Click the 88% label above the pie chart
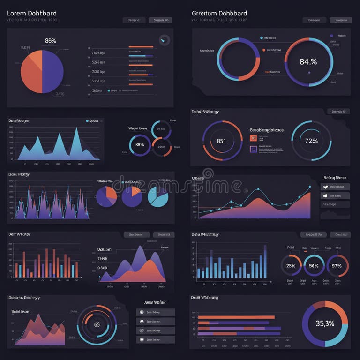tap(50, 41)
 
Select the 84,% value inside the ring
tap(308, 61)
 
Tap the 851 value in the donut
tap(221, 141)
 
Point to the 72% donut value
tap(311, 141)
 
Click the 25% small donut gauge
tap(291, 266)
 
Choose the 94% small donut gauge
tap(314, 266)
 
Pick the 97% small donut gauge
tap(337, 266)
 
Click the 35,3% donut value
tap(324, 323)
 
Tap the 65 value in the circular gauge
tap(97, 324)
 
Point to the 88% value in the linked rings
tap(139, 145)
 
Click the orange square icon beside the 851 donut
tap(254, 138)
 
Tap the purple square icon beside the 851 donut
tap(254, 149)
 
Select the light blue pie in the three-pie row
tap(158, 196)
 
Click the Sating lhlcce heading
tap(335, 178)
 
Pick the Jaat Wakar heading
tap(155, 302)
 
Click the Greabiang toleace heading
tap(266, 130)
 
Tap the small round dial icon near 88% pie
tap(164, 41)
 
